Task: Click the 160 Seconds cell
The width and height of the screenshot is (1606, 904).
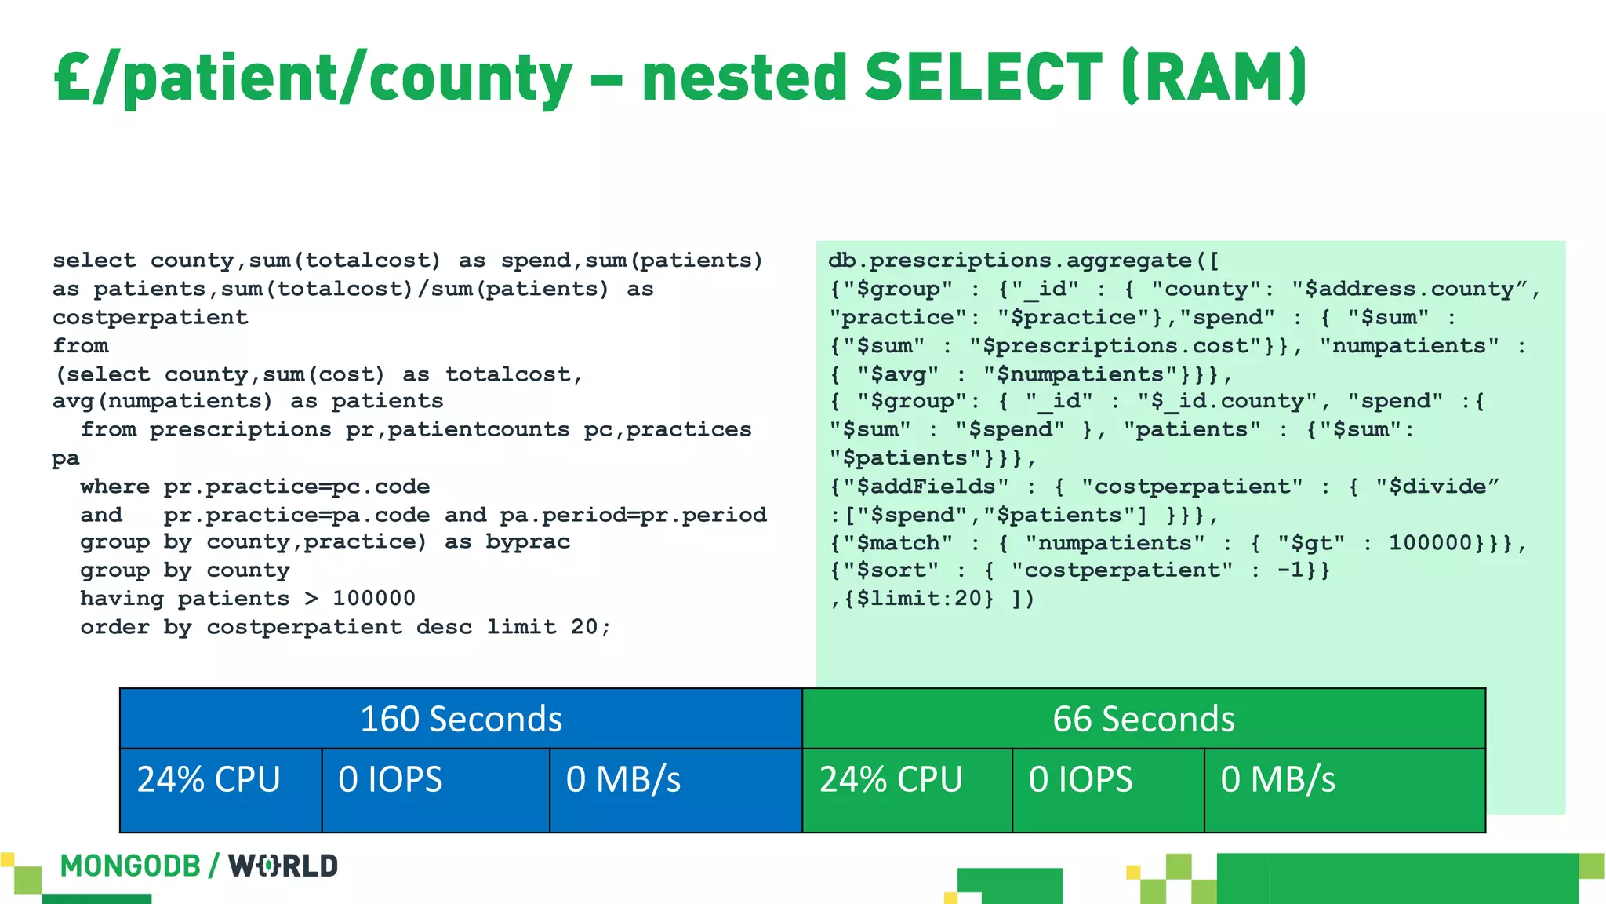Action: pos(461,719)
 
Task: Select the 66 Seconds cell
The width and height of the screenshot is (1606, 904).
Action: pos(1143,719)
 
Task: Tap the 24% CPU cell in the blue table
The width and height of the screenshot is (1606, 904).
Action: pos(209,780)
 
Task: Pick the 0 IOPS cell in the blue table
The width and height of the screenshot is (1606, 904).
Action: pos(391,780)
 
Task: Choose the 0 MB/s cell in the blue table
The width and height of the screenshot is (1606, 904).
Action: pos(623,780)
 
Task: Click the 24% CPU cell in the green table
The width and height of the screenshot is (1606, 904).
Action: pos(891,780)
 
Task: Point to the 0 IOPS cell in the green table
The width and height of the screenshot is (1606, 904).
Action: pos(1081,780)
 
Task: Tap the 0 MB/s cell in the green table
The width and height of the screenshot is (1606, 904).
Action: pos(1277,780)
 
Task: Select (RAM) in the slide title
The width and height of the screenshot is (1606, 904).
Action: pos(1214,77)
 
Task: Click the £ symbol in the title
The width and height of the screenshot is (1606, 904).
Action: pos(72,77)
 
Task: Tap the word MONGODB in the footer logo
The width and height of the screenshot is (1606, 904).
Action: pos(130,866)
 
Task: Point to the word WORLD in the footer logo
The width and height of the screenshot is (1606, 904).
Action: pos(283,866)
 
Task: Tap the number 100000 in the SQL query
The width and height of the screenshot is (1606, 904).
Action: pos(374,599)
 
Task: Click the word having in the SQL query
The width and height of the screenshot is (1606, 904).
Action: pos(122,599)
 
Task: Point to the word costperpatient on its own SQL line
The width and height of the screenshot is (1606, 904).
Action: pos(151,318)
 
